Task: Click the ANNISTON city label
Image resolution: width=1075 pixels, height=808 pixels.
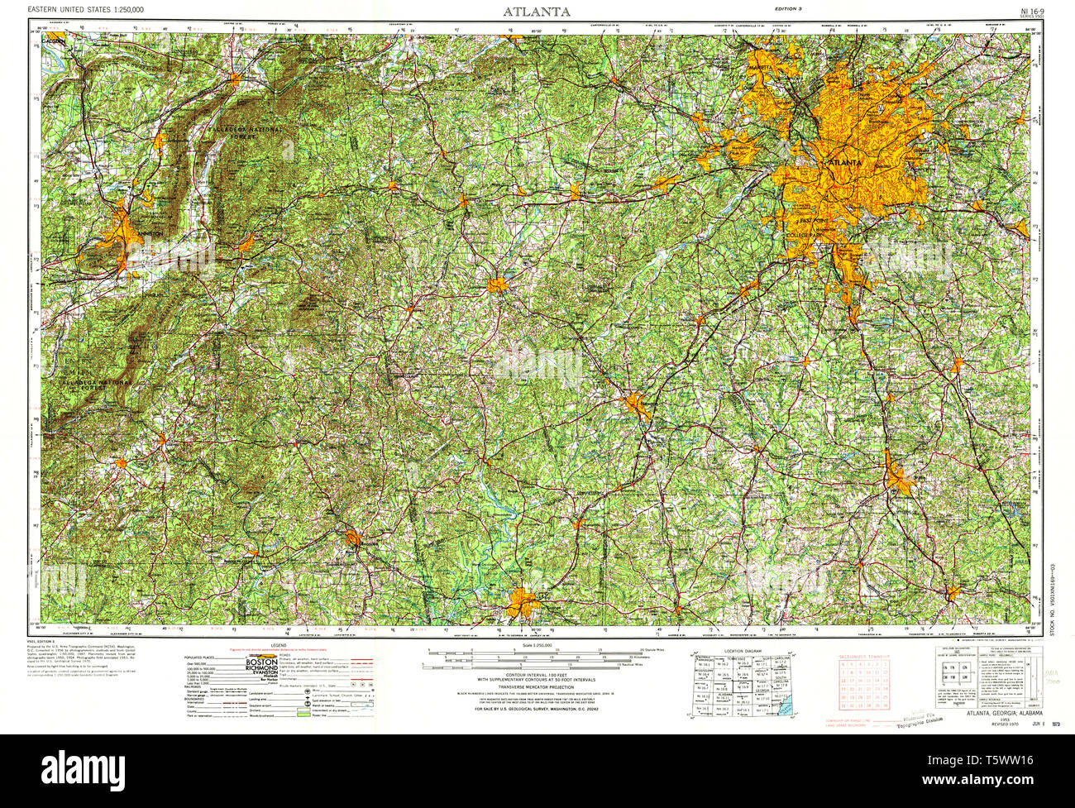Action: pyautogui.click(x=149, y=234)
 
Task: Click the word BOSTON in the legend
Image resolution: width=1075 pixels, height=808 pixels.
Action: pyautogui.click(x=261, y=662)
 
